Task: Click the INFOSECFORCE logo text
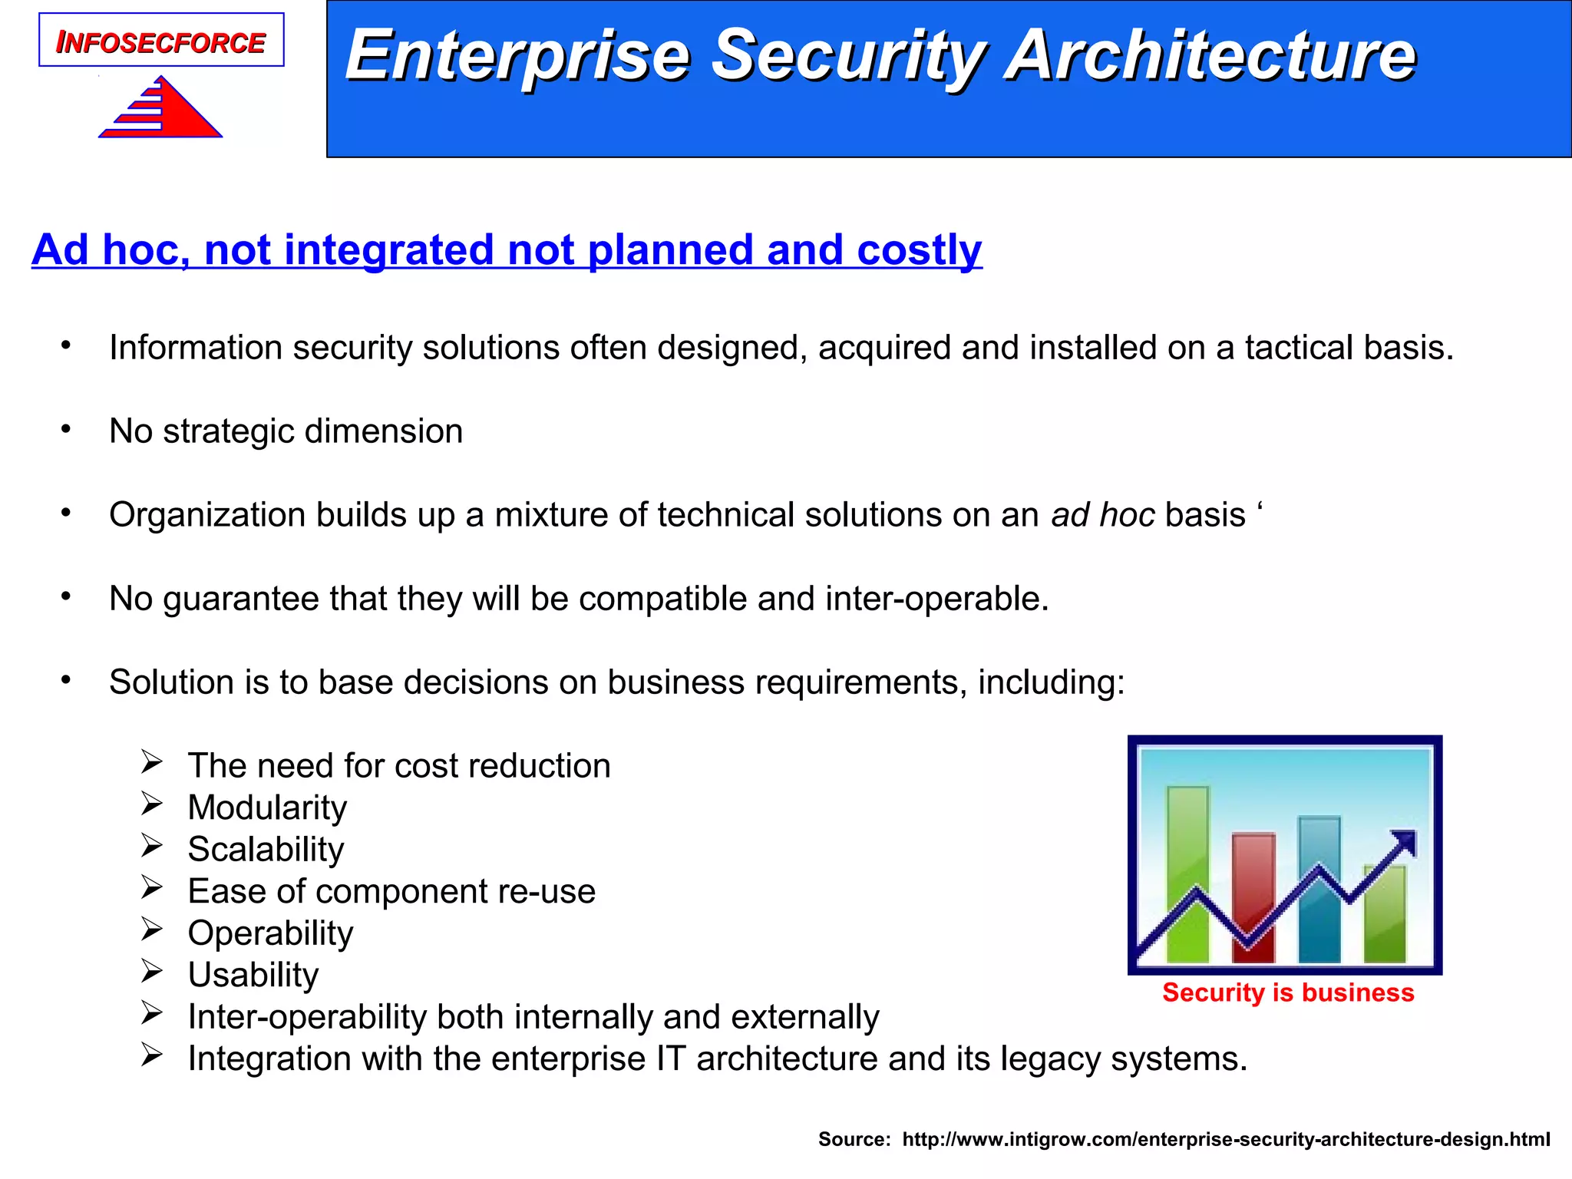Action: pyautogui.click(x=160, y=42)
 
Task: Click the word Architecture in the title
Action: pyautogui.click(x=1210, y=55)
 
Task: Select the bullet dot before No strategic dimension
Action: pyautogui.click(x=67, y=429)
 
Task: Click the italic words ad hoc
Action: pyautogui.click(x=1102, y=514)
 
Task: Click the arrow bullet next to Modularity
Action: pyautogui.click(x=152, y=804)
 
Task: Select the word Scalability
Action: pyautogui.click(x=266, y=849)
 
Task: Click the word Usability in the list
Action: pyautogui.click(x=253, y=975)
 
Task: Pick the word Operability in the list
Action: pyautogui.click(x=270, y=933)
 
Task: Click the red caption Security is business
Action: pyautogui.click(x=1287, y=992)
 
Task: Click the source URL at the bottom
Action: pyautogui.click(x=1226, y=1139)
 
